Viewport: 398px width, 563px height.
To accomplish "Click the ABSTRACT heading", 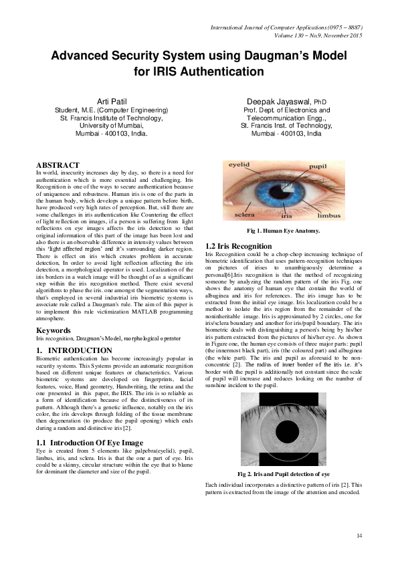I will point(58,164).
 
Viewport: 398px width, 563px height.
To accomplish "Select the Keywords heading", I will point(54,330).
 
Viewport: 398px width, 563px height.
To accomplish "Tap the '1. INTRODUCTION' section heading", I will point(74,350).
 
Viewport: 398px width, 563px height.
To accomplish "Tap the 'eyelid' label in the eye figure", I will point(239,164).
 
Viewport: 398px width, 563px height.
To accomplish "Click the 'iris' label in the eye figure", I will point(286,217).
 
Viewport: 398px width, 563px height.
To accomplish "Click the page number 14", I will point(359,535).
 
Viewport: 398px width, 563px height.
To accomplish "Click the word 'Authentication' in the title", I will point(213,71).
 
